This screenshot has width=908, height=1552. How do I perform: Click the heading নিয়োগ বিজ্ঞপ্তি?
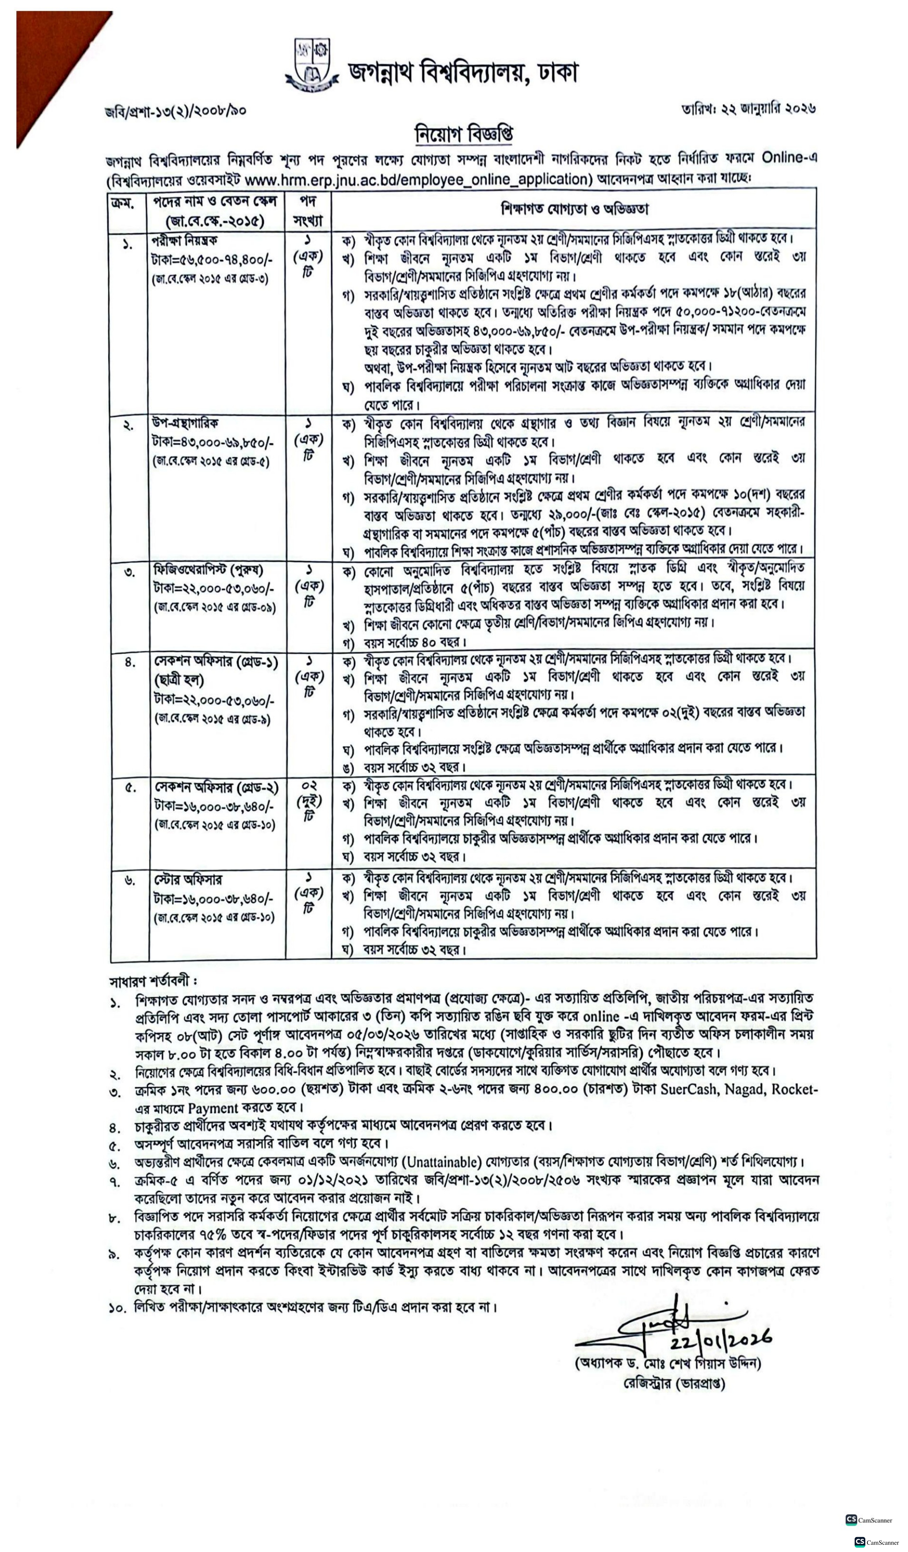(465, 134)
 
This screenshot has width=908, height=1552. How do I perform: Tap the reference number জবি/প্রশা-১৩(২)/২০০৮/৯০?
(175, 111)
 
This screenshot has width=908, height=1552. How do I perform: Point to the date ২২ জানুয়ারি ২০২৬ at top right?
(748, 109)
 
